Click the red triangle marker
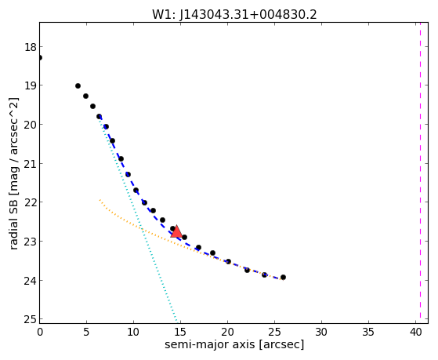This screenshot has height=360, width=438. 176,231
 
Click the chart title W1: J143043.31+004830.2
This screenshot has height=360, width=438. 234,15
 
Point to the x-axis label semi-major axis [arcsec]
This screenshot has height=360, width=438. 234,344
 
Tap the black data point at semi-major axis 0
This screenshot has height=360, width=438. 40,57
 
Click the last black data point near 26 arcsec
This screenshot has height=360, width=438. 283,277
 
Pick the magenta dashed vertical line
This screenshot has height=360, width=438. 420,173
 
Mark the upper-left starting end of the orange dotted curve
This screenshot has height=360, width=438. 100,200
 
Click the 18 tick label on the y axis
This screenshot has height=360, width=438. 31,47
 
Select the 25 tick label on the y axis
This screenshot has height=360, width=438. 31,319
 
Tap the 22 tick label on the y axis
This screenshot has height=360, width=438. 31,202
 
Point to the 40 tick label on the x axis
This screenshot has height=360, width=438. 415,332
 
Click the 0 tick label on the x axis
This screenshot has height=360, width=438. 40,332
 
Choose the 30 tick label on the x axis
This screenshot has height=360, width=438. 321,332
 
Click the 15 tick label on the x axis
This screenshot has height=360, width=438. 180,332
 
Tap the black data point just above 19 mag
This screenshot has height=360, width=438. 78,85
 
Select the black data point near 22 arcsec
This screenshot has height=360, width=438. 247,270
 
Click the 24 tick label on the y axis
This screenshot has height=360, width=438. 31,280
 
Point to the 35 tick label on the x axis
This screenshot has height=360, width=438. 368,332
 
